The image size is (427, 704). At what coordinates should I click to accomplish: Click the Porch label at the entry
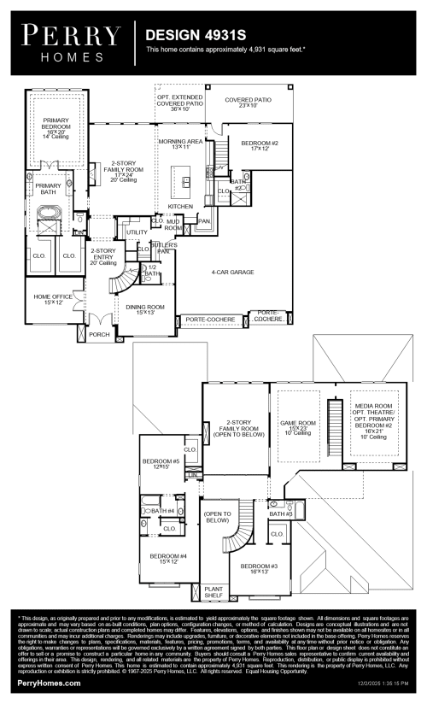pyautogui.click(x=100, y=335)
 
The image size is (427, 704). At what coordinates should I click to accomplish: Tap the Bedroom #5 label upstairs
pyautogui.click(x=160, y=464)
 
